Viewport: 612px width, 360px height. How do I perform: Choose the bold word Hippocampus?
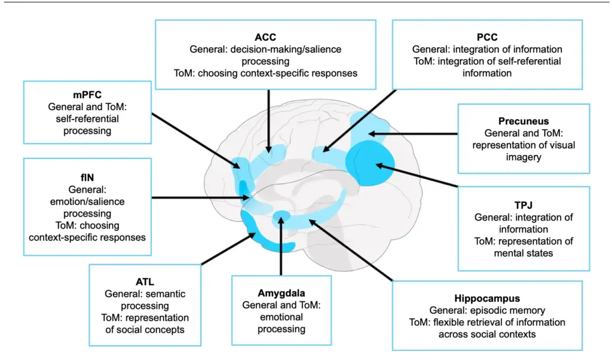(x=487, y=298)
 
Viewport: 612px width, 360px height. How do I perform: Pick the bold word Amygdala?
(x=281, y=293)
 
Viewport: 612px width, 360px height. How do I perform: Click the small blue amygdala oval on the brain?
(x=281, y=216)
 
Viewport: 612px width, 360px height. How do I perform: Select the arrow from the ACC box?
(x=269, y=117)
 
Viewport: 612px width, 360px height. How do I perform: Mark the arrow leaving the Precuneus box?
(x=412, y=133)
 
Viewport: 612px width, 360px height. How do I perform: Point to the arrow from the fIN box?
(x=197, y=197)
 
